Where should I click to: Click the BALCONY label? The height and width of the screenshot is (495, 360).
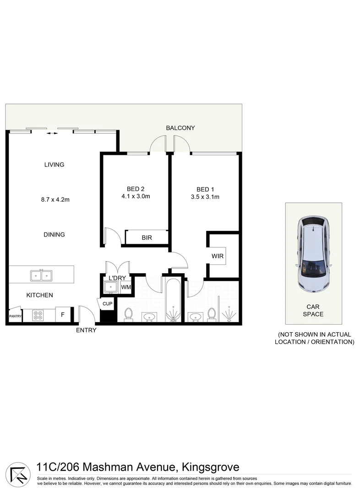180,128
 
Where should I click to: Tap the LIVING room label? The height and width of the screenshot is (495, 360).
54,165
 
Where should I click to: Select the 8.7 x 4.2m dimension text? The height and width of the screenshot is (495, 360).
55,199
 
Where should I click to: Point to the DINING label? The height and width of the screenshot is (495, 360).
54,234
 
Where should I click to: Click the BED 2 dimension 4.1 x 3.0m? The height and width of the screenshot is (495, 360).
136,197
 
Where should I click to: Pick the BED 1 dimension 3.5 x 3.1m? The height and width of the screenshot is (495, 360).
205,197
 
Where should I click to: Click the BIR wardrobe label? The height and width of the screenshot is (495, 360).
147,238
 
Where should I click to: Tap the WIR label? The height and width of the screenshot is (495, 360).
218,256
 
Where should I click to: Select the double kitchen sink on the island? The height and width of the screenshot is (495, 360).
41,275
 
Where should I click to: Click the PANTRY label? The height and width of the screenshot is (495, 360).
15,316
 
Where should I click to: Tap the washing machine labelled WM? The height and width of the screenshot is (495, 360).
126,287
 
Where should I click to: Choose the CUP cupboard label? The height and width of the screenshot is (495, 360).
107,304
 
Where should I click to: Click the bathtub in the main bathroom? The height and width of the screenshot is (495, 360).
173,300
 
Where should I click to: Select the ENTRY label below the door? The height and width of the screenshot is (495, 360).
86,330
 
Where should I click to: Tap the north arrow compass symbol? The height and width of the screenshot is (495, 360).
18,472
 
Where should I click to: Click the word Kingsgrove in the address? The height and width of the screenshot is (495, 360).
210,467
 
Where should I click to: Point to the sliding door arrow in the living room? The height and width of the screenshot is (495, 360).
53,133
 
